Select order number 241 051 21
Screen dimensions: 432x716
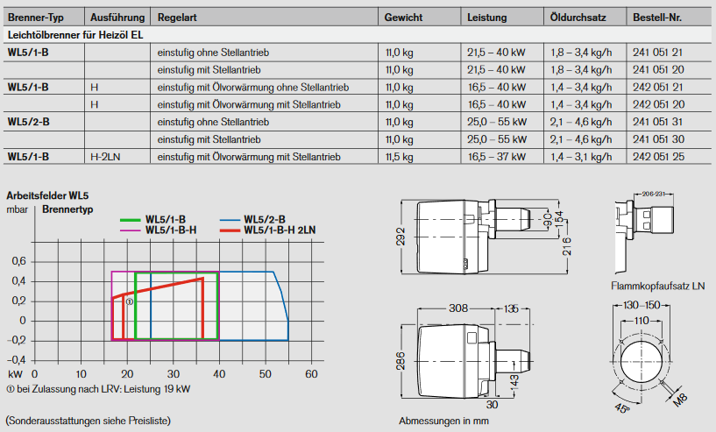coord(657,53)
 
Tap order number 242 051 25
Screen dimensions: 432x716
coord(657,157)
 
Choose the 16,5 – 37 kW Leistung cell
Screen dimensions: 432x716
coord(496,157)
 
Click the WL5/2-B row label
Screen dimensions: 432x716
coord(28,122)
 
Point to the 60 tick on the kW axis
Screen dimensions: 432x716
coord(310,374)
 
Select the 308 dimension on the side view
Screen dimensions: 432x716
coord(457,308)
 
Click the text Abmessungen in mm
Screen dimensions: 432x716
coord(443,421)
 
